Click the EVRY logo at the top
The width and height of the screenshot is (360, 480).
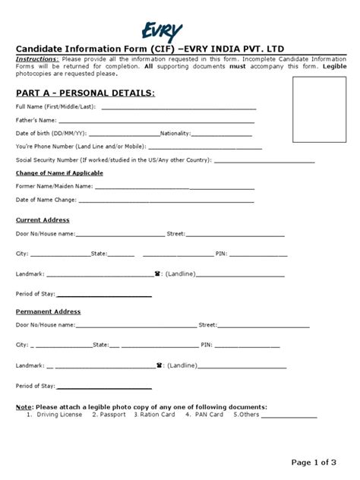click(167, 31)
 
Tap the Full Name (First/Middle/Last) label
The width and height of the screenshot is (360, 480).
click(55, 107)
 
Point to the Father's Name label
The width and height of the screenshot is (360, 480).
click(36, 120)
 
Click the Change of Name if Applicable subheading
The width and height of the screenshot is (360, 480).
click(59, 173)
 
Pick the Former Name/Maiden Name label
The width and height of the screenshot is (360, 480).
click(54, 186)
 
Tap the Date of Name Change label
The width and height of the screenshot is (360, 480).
click(46, 201)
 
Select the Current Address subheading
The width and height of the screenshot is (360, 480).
click(43, 219)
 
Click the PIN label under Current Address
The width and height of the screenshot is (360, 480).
click(221, 253)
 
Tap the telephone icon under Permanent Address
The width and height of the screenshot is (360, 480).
click(159, 365)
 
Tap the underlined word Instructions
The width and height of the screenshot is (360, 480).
click(37, 58)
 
